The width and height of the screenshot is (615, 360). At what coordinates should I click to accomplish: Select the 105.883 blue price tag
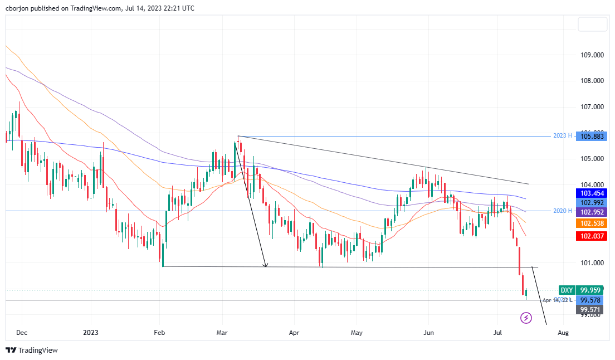point(592,136)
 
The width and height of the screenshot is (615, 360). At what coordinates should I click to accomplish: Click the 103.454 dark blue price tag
point(592,193)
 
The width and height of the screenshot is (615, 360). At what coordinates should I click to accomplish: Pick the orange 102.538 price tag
point(592,223)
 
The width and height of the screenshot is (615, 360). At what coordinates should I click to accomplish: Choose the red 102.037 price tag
point(592,236)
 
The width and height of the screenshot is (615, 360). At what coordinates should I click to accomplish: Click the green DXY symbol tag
point(567,290)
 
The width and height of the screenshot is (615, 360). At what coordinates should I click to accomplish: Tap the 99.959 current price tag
point(592,290)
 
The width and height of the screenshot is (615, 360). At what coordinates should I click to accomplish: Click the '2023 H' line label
point(562,136)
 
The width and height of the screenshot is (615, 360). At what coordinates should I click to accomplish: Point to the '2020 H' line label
point(562,211)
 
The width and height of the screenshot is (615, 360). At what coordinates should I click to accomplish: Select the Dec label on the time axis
point(22,332)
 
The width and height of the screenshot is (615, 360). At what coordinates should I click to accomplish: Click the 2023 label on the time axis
point(90,332)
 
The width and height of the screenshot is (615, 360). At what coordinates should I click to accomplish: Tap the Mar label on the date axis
point(222,332)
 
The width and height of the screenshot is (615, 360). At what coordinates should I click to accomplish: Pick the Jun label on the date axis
point(428,332)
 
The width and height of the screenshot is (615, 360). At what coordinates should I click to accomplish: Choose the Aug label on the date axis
point(563,332)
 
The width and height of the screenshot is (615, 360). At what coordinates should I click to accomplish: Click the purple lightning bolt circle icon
point(526,318)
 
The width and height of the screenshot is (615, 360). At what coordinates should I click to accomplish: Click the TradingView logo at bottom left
point(32,350)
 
